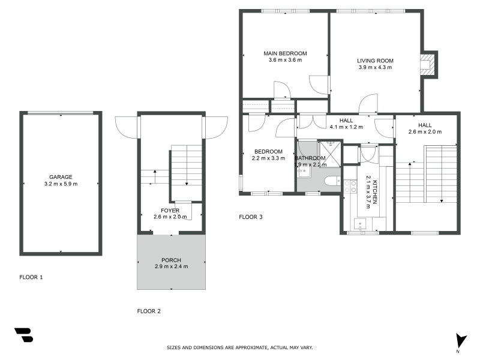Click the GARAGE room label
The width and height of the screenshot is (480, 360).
(61, 177)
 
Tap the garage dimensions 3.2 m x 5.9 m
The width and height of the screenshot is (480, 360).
(61, 184)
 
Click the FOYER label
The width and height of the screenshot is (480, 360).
(170, 210)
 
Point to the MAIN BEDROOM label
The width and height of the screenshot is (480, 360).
(285, 53)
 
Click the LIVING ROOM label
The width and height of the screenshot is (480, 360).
(375, 61)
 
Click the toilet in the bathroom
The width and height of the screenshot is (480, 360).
(332, 181)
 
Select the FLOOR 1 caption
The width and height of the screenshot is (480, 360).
(31, 278)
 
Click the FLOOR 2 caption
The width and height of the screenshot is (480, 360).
(149, 311)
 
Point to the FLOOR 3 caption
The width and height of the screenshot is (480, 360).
(251, 217)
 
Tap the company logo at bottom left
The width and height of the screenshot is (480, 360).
(23, 335)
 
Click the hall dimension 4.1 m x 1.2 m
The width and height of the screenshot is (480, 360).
(346, 127)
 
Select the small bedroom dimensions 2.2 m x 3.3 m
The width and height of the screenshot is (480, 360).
(268, 158)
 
